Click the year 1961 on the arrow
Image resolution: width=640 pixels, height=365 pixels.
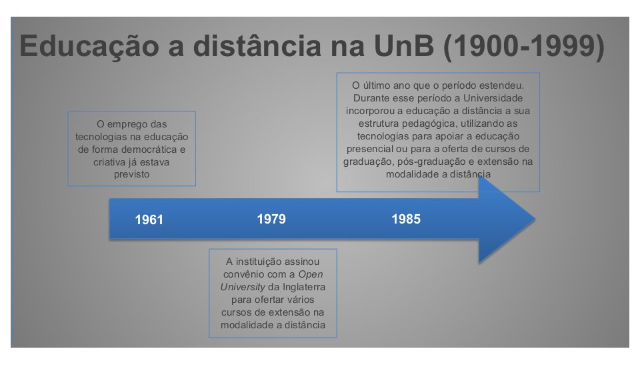pos(149,220)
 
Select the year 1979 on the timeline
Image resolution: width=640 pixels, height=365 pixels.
pos(271,219)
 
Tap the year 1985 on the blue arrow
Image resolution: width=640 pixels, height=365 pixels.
pos(406,219)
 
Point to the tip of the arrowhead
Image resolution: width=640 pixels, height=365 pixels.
pos(535,219)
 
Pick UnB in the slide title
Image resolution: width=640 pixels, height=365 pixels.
pos(404,46)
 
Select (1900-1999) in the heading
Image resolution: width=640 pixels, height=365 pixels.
pos(524,47)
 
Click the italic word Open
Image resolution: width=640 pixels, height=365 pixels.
pos(310,275)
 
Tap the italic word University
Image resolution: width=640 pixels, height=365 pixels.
pos(243,287)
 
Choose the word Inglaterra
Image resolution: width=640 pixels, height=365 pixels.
pos(304,287)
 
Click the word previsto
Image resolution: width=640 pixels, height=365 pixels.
pos(131,175)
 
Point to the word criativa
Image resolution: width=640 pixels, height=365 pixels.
pos(109,162)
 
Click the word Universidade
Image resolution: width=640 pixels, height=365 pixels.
pos(493,98)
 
